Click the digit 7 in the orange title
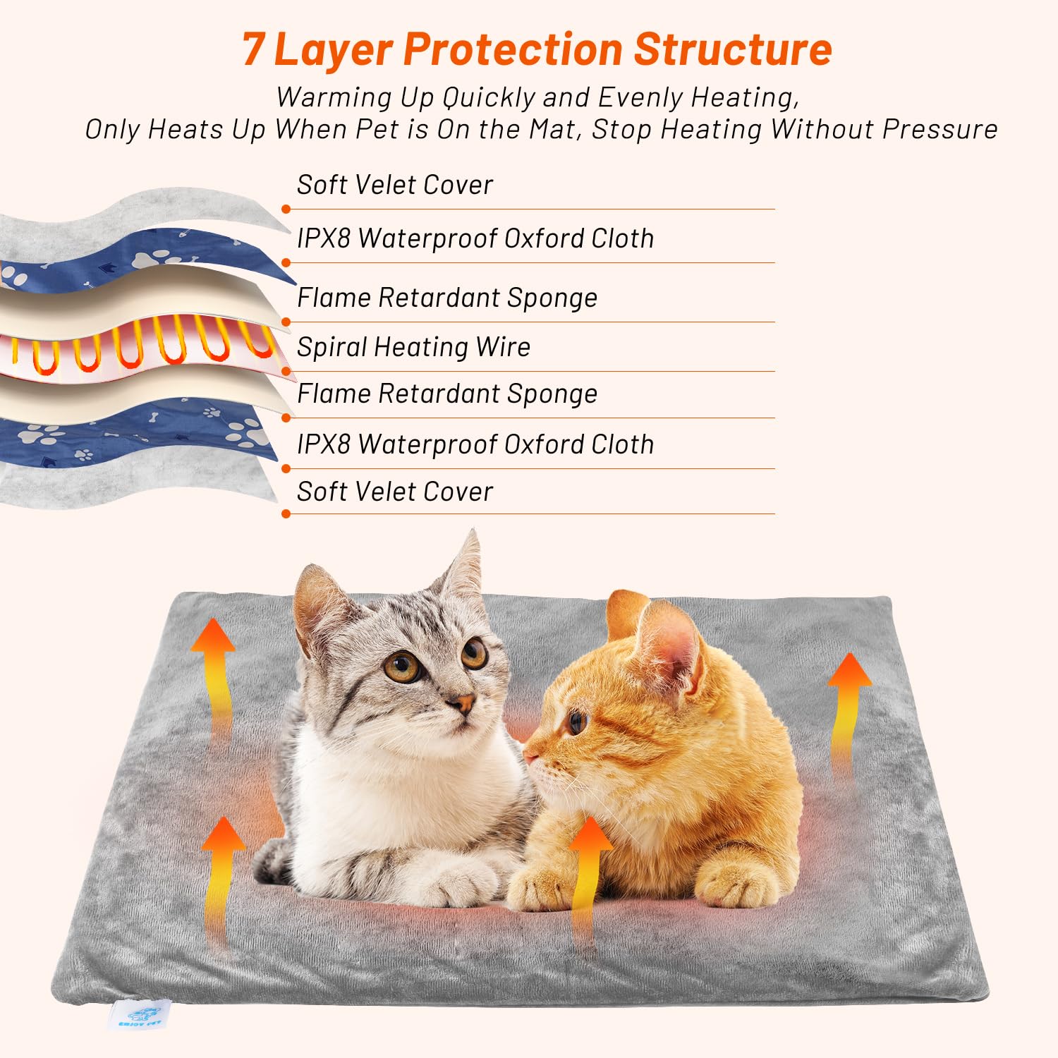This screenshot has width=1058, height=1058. (x=253, y=49)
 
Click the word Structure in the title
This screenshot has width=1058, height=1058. (x=733, y=49)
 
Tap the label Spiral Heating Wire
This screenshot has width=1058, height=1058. (x=413, y=347)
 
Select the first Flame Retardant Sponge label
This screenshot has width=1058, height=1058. (x=446, y=298)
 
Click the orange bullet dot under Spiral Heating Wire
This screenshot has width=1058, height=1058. (x=286, y=370)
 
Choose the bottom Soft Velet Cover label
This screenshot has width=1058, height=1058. (x=394, y=492)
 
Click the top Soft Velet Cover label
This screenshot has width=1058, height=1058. (x=394, y=185)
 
